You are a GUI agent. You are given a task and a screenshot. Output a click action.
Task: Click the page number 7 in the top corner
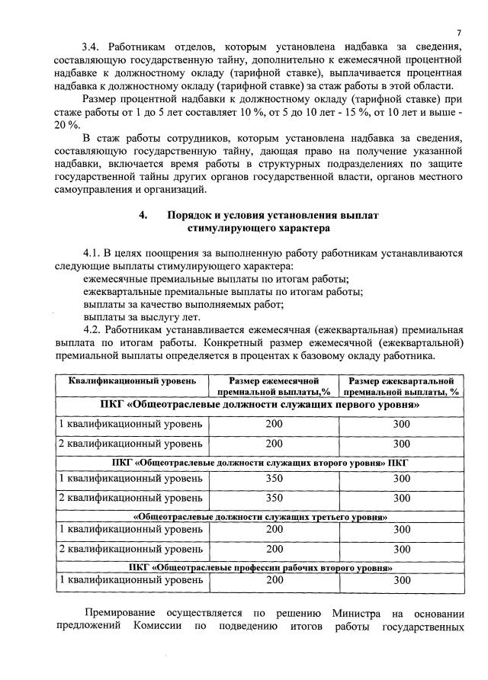459,32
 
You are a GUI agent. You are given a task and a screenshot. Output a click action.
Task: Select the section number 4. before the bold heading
143,215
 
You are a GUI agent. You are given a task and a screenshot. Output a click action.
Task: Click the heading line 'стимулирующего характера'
258,228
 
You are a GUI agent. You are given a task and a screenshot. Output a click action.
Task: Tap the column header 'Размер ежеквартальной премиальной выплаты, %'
401,386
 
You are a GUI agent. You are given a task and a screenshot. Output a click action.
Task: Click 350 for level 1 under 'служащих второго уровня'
274,479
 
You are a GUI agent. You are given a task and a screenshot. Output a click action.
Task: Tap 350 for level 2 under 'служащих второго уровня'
274,498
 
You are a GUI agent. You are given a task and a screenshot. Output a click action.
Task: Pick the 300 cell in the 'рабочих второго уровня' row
401,580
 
